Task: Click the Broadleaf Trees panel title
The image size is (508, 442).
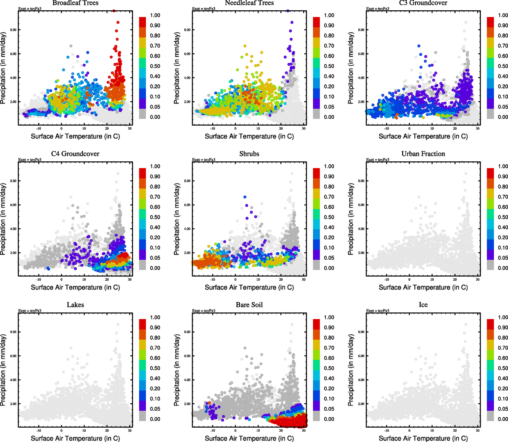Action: pyautogui.click(x=75, y=3)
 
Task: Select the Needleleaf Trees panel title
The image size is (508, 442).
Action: pyautogui.click(x=249, y=3)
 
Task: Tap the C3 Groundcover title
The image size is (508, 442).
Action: pyautogui.click(x=423, y=3)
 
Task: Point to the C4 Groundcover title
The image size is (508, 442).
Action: pyautogui.click(x=75, y=154)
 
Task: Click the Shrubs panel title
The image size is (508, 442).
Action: pyautogui.click(x=249, y=154)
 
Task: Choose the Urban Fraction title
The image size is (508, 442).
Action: pyautogui.click(x=423, y=154)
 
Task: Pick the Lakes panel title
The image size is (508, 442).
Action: pyautogui.click(x=75, y=305)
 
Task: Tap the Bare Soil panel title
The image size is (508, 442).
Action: pyautogui.click(x=249, y=305)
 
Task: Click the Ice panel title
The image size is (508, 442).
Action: pyautogui.click(x=423, y=305)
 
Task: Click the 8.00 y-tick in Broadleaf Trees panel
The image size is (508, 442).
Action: pyautogui.click(x=13, y=30)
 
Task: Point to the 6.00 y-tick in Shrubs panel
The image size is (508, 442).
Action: pyautogui.click(x=187, y=205)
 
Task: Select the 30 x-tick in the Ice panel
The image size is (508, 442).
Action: pyautogui.click(x=477, y=431)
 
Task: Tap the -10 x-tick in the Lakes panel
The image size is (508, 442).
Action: pyautogui.click(x=39, y=431)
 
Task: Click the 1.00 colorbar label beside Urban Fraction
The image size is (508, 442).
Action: pyautogui.click(x=503, y=166)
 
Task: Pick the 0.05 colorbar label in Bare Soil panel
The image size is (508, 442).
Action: pyautogui.click(x=329, y=409)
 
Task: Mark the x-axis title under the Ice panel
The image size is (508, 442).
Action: pyautogui.click(x=423, y=438)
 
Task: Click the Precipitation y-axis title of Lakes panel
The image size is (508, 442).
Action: pyautogui.click(x=3, y=370)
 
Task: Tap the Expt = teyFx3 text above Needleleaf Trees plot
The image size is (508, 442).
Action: pyautogui.click(x=203, y=8)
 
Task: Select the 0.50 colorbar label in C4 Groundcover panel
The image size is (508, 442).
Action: pyautogui.click(x=155, y=217)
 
